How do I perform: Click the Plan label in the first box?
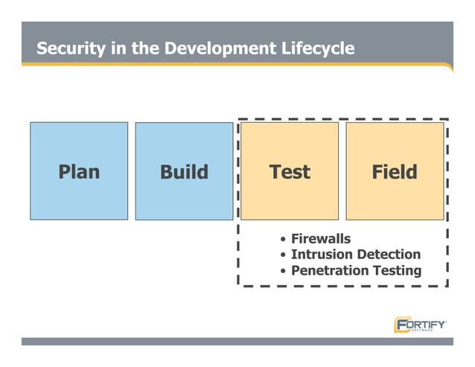coord(78,172)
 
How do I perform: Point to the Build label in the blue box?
coord(184,172)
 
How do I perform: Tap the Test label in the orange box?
coord(290,172)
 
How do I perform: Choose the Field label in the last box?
coord(395,172)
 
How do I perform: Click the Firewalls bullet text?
coord(321,238)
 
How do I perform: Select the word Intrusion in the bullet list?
coord(322,255)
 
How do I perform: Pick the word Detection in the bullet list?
coord(389,255)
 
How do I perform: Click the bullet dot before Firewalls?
coord(283,239)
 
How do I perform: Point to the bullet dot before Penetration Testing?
coord(283,272)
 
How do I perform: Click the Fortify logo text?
coord(427,324)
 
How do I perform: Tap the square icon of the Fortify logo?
coord(401,325)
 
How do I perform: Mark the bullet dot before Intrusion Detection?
coord(283,255)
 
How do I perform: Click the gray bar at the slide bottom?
coord(237,341)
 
